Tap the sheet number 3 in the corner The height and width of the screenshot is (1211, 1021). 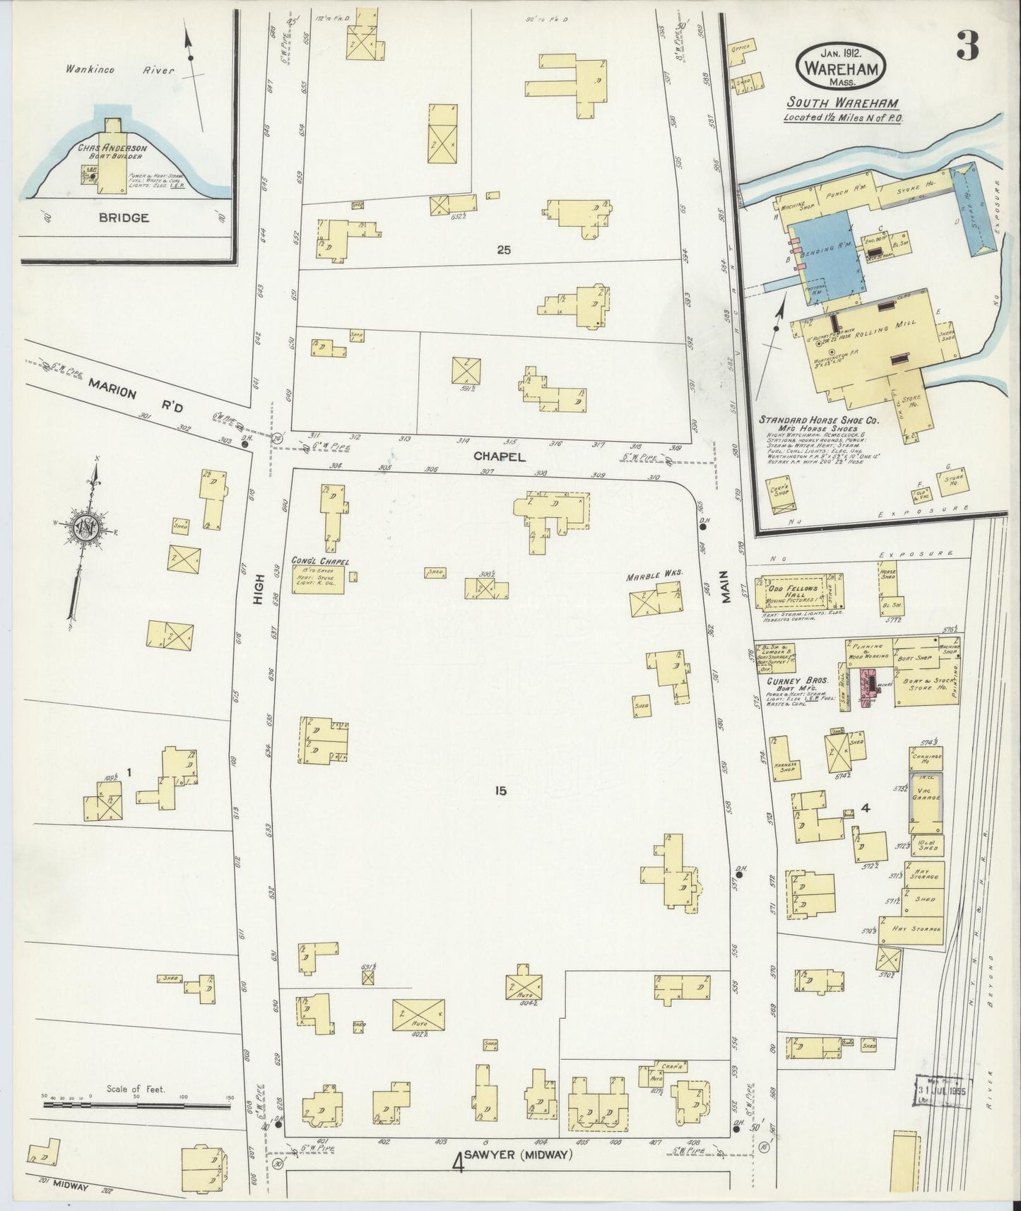coord(967,47)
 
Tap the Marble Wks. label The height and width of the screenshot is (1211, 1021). coord(653,575)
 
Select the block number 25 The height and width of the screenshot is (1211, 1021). coord(503,249)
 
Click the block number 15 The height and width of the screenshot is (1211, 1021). coord(500,791)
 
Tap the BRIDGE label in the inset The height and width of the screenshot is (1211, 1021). coord(124,218)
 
